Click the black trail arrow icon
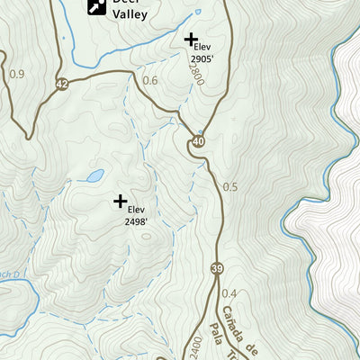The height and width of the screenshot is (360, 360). pyautogui.click(x=94, y=7)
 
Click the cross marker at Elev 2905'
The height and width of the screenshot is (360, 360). pyautogui.click(x=190, y=40)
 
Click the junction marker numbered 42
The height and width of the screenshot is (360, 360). pyautogui.click(x=60, y=83)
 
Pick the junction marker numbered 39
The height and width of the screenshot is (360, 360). pyautogui.click(x=217, y=270)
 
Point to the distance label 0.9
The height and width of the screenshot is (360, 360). pyautogui.click(x=16, y=74)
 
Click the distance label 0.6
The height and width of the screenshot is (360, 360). pyautogui.click(x=150, y=81)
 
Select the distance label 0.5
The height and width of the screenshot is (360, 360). pyautogui.click(x=229, y=187)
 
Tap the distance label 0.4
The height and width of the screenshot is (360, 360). pyautogui.click(x=229, y=293)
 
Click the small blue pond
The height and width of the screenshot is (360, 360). pyautogui.click(x=94, y=175)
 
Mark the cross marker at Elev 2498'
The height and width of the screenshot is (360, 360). pyautogui.click(x=121, y=201)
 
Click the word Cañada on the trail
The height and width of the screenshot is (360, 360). pyautogui.click(x=242, y=328)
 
